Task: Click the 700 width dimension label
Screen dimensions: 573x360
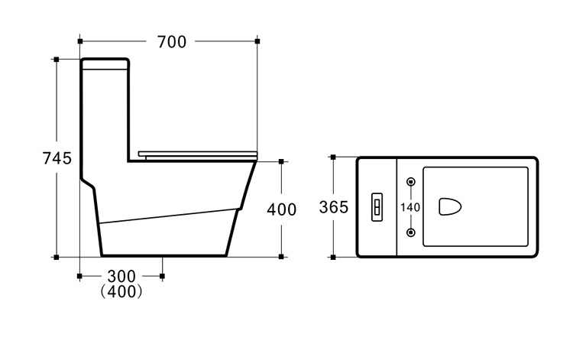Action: (x=172, y=42)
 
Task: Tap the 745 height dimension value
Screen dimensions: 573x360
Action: (x=57, y=158)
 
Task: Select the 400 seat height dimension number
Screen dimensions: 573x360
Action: (x=281, y=209)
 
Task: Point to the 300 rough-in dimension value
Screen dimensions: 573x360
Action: (x=121, y=276)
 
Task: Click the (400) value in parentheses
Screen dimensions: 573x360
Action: (x=121, y=291)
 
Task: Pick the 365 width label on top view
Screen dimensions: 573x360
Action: (x=334, y=207)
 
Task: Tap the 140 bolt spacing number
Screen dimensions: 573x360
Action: (x=410, y=208)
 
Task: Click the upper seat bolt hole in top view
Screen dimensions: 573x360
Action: (x=411, y=182)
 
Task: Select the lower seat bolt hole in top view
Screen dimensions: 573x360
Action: (x=411, y=232)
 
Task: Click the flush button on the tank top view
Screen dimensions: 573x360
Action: (x=377, y=207)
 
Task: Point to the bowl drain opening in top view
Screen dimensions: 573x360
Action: (x=450, y=206)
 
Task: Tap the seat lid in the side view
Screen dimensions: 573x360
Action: (x=198, y=155)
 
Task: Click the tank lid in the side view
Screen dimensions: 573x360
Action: (x=105, y=63)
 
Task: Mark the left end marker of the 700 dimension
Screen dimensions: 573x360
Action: (x=80, y=41)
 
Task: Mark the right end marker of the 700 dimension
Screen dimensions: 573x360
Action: (x=257, y=41)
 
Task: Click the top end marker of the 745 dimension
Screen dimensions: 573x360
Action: (x=57, y=59)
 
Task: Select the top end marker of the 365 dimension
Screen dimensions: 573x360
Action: (x=333, y=157)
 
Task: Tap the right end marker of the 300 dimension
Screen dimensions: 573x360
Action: (x=162, y=276)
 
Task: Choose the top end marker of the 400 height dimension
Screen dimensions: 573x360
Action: (x=281, y=161)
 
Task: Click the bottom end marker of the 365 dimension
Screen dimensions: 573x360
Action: (x=333, y=258)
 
